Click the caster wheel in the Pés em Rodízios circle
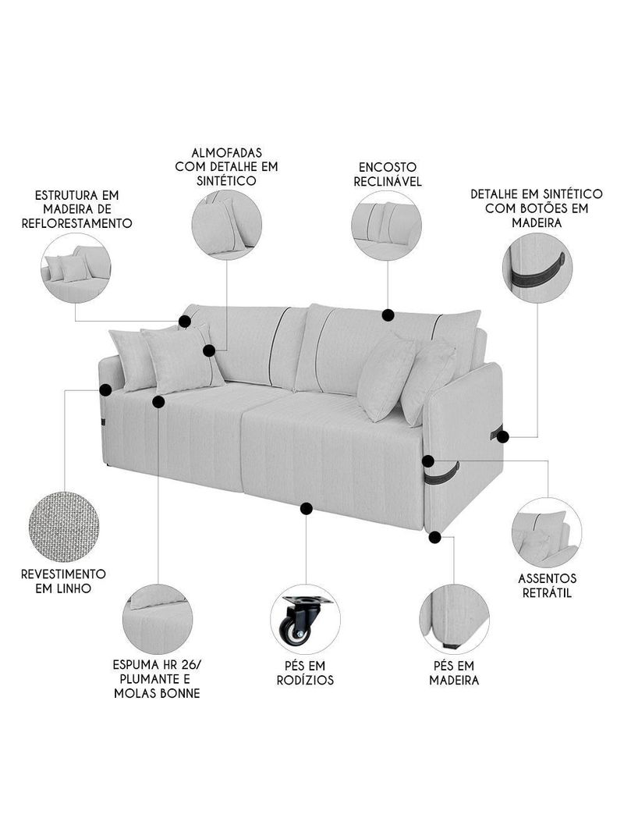[296, 628]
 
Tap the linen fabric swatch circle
[64, 526]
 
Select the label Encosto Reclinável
[388, 174]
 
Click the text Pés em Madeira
[454, 672]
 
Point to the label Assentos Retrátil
[547, 585]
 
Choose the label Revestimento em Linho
[64, 581]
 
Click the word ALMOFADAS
[226, 151]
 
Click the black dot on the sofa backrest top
[388, 315]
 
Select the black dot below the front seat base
[306, 508]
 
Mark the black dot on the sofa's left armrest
[105, 388]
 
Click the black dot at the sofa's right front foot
[435, 537]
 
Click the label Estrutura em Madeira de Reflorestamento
[82, 208]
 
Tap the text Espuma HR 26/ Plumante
[156, 671]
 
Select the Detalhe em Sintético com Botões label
[537, 208]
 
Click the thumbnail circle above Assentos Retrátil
[546, 532]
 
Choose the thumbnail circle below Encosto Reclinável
[386, 225]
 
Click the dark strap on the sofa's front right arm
[442, 472]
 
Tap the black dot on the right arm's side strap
[503, 436]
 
